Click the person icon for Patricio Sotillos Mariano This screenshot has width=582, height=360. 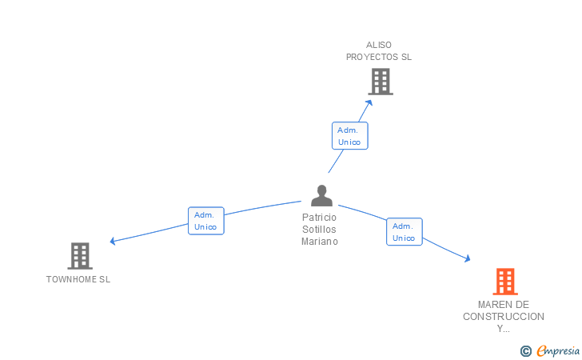coord(321,195)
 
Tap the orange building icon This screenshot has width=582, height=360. coord(505,282)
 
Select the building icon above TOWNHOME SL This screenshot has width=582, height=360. coord(80,256)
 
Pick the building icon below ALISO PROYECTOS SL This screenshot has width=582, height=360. coord(381,82)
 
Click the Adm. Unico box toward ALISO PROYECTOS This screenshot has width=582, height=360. coord(349,136)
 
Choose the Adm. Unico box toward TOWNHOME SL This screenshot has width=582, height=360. coord(206,221)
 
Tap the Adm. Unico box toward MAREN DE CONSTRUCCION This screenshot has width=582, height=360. coord(405,231)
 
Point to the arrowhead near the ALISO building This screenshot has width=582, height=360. coord(369,102)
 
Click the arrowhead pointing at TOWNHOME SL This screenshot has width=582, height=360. coord(113,241)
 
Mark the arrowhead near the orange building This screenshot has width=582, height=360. coord(468,258)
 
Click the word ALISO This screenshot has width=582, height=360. coord(379,45)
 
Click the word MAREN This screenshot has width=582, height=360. coord(492,305)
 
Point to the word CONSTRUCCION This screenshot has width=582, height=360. coord(504,317)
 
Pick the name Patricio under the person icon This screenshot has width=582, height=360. coord(319,218)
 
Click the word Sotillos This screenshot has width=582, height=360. coord(319,230)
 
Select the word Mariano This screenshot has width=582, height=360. coord(320,242)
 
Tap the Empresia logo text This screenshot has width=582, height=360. coord(558,350)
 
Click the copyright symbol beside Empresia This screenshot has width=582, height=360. coord(525,351)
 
